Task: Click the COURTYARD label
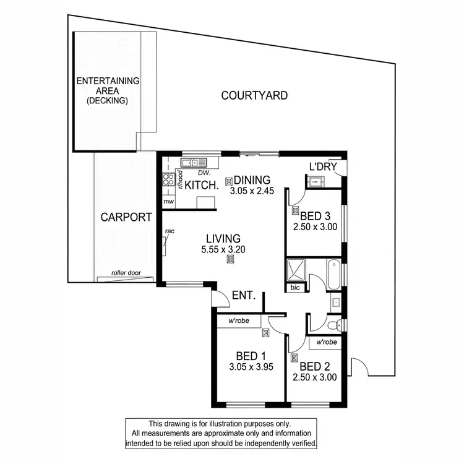254,95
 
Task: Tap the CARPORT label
126,217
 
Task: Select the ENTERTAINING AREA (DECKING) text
108,90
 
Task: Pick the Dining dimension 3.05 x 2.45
251,191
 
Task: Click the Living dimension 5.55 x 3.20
223,249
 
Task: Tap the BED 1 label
251,356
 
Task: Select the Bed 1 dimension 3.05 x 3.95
251,366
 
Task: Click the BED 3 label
315,216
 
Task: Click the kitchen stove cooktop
166,181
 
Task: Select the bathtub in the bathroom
334,274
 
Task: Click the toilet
334,324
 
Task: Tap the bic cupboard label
294,288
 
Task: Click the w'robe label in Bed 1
238,321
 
